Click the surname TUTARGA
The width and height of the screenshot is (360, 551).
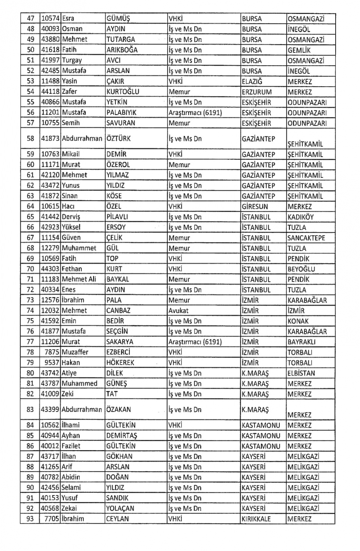[120, 40]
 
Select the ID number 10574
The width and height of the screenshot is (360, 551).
[50, 19]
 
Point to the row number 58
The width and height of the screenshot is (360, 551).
[30, 139]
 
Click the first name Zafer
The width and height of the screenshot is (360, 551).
[69, 92]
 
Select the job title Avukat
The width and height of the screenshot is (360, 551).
[178, 311]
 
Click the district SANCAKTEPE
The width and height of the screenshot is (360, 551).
[306, 238]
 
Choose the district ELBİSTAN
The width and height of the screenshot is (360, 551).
[301, 373]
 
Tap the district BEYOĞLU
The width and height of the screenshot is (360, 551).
[301, 269]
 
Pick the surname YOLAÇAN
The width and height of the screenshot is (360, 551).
[120, 509]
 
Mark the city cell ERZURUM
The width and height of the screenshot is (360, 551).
[257, 92]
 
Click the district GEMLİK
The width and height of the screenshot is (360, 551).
[299, 50]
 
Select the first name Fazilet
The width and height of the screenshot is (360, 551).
[71, 446]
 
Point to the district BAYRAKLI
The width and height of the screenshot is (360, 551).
[301, 342]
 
